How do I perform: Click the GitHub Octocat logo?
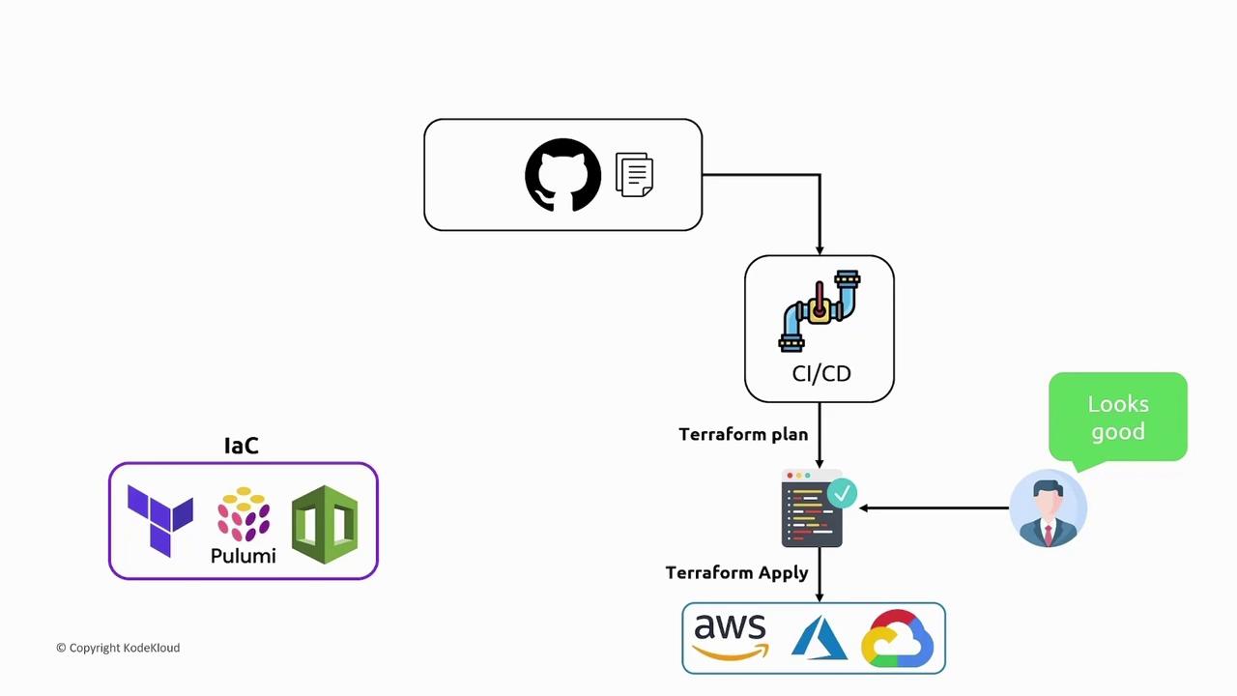tap(562, 175)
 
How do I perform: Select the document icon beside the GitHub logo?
tap(634, 175)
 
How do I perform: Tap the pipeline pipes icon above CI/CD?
tap(820, 310)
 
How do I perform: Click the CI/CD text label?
tap(821, 373)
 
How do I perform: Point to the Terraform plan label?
tap(743, 434)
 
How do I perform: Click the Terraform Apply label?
tap(736, 572)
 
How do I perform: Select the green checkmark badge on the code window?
tap(842, 494)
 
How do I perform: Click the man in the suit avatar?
tap(1049, 508)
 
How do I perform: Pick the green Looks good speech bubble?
tap(1118, 417)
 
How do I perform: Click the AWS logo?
tap(730, 637)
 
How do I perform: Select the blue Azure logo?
tap(819, 639)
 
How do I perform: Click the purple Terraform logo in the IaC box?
tap(160, 521)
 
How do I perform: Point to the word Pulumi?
tap(244, 556)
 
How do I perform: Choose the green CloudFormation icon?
tap(325, 524)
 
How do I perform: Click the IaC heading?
tap(242, 446)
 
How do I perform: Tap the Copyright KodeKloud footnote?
tap(118, 648)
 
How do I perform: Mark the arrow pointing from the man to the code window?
tap(934, 507)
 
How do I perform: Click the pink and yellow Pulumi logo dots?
tap(244, 514)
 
